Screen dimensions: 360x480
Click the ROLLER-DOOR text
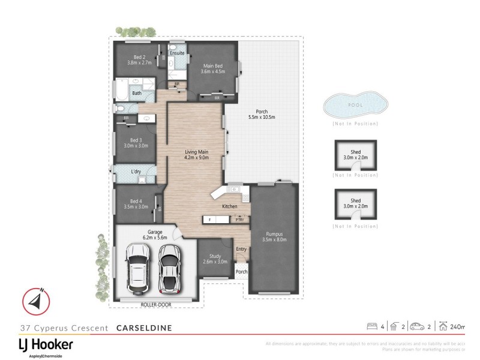click(x=157, y=305)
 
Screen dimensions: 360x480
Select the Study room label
click(x=211, y=256)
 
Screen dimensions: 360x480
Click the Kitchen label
click(x=230, y=206)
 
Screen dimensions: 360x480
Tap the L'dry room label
click(x=136, y=172)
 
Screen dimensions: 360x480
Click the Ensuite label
click(x=177, y=53)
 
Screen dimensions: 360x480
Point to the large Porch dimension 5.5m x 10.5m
click(x=262, y=117)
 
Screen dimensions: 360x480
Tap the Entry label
click(x=241, y=249)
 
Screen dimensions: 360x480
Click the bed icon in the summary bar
click(x=371, y=326)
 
